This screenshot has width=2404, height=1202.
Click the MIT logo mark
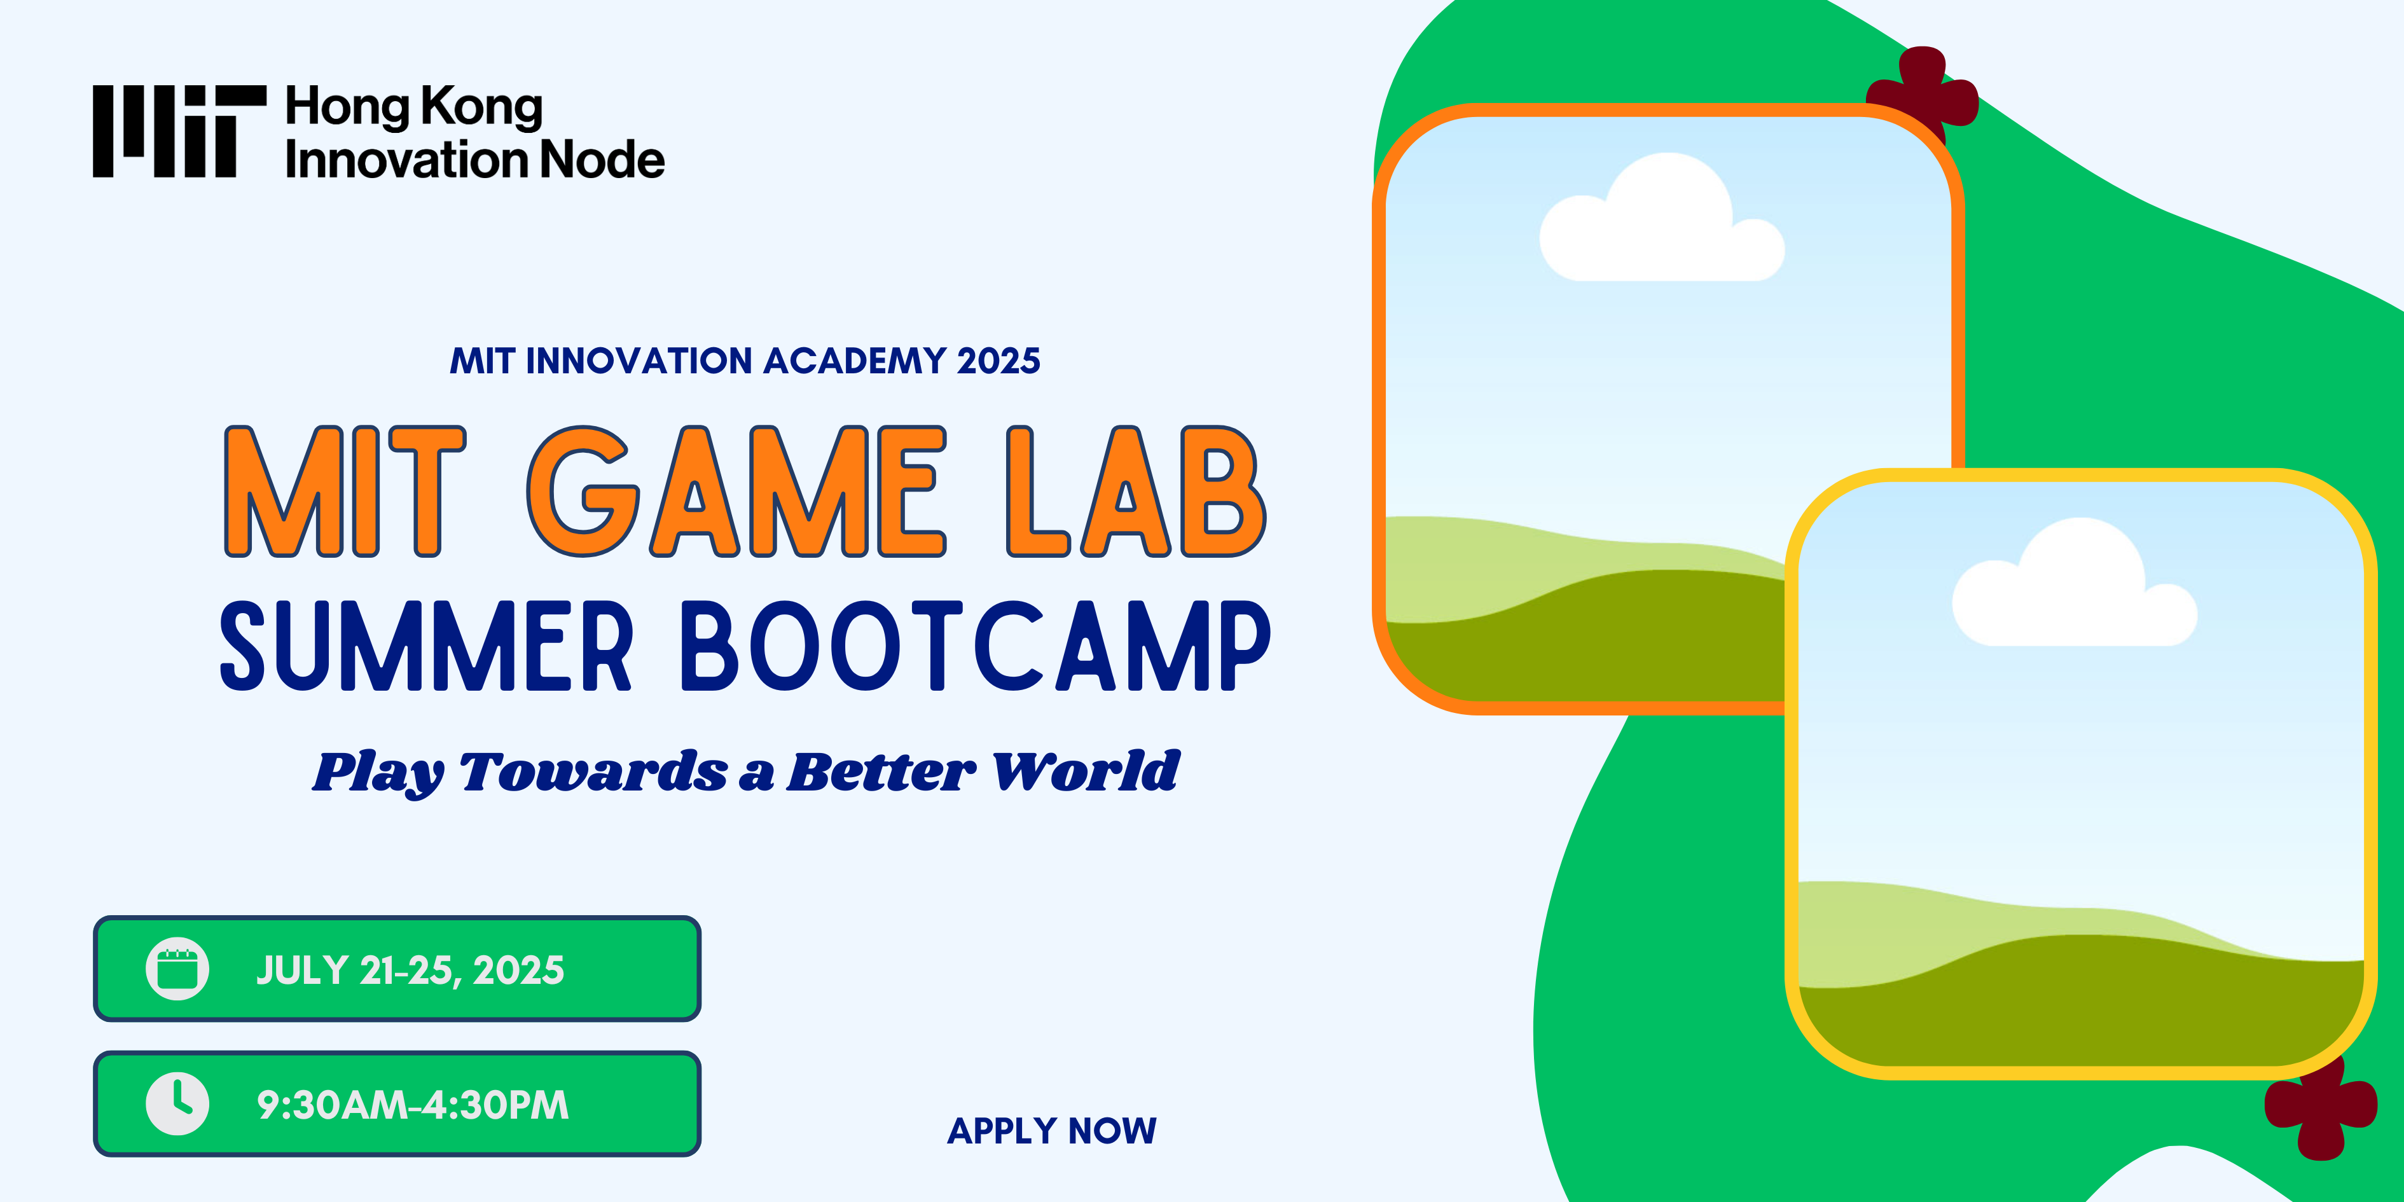[179, 130]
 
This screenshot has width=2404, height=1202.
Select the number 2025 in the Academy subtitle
[998, 360]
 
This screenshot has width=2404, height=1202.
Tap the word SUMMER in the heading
[425, 646]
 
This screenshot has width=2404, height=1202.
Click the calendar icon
[177, 969]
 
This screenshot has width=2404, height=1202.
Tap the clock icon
[177, 1104]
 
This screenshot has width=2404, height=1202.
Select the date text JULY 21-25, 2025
[410, 971]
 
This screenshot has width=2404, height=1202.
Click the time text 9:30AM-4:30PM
[413, 1105]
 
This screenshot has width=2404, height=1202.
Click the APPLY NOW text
[1052, 1130]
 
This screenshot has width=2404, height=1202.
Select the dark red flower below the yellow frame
[2321, 1110]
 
